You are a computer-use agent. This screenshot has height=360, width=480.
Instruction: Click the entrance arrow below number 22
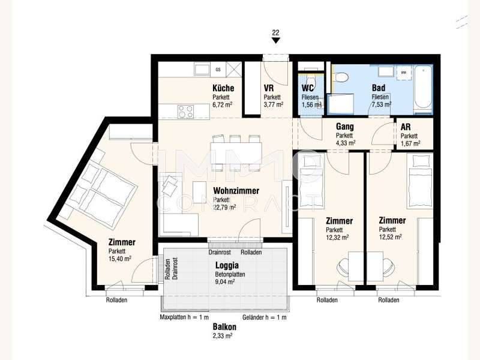pyautogui.click(x=275, y=41)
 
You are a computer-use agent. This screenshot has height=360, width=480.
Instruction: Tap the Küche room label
pyautogui.click(x=223, y=88)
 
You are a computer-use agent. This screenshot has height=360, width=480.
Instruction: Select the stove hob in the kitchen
pyautogui.click(x=186, y=111)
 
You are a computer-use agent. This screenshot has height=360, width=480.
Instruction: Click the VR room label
pyautogui.click(x=269, y=88)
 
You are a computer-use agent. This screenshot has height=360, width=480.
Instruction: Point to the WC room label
pyautogui.click(x=308, y=88)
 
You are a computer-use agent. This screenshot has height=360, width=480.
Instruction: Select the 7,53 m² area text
pyautogui.click(x=382, y=104)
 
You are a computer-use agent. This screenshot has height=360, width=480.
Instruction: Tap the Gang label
pyautogui.click(x=344, y=127)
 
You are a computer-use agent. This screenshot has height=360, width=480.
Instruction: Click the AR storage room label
pyautogui.click(x=406, y=127)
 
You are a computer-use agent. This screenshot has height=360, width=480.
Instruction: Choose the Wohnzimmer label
pyautogui.click(x=236, y=191)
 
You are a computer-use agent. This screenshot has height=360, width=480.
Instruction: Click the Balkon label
pyautogui.click(x=224, y=327)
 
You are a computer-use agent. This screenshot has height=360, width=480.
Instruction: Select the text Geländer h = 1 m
pyautogui.click(x=265, y=317)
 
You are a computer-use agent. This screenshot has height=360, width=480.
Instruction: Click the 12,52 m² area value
pyautogui.click(x=391, y=237)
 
